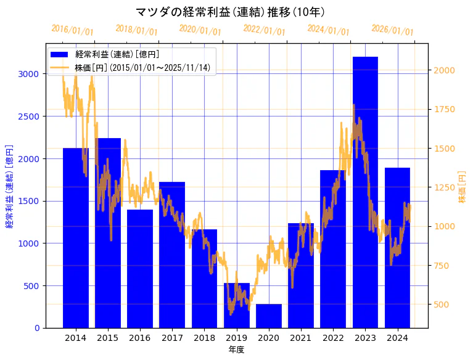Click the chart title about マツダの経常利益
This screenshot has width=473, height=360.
230,12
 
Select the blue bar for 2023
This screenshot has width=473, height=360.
365,192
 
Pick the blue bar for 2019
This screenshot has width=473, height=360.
237,305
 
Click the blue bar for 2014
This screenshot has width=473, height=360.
76,237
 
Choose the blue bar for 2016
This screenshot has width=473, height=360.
140,268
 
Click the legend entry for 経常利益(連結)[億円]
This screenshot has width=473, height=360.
117,55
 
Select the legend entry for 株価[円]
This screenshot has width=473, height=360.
142,67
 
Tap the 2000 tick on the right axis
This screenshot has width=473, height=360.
445,70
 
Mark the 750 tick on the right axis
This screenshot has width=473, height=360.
442,266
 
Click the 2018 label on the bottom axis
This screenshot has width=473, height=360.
204,338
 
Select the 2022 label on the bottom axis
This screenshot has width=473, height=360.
333,338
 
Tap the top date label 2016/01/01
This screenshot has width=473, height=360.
73,30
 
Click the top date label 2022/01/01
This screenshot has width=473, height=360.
265,30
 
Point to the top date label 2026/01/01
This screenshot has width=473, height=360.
393,30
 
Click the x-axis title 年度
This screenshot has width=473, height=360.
236,350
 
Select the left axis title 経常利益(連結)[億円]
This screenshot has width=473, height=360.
9,186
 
